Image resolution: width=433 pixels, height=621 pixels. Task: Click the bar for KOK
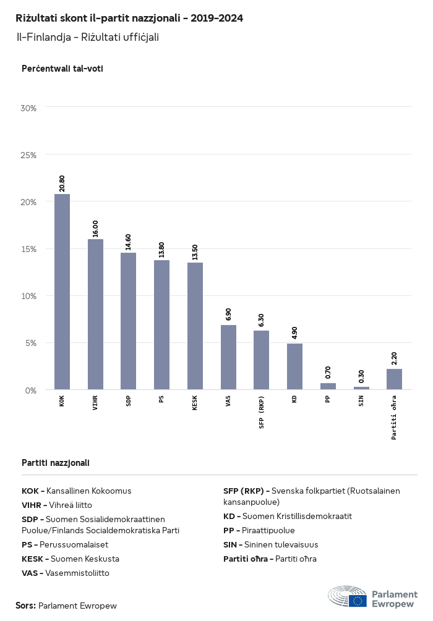tap(62, 292)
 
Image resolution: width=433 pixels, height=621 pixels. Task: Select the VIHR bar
tap(95, 314)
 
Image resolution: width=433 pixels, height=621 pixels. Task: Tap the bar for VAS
tap(228, 357)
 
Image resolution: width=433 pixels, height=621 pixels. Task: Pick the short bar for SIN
tap(361, 388)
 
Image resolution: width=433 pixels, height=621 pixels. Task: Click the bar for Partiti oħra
tap(394, 379)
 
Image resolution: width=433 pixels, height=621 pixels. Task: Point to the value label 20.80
tap(62, 184)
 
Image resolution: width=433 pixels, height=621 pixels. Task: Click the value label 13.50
tap(195, 252)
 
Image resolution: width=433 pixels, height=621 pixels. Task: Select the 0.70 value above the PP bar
tap(328, 373)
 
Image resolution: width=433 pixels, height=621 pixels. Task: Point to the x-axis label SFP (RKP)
tap(262, 412)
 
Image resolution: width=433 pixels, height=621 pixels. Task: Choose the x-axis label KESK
tap(195, 405)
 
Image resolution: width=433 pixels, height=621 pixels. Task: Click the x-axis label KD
tap(294, 400)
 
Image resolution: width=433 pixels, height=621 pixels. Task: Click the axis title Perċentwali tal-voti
tap(62, 69)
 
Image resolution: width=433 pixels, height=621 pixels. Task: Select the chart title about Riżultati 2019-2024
tap(129, 18)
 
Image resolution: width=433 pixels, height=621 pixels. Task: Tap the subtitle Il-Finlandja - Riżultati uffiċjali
tap(88, 37)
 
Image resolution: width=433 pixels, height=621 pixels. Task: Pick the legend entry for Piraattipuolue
tap(259, 530)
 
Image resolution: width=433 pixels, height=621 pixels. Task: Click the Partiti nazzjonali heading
tap(56, 462)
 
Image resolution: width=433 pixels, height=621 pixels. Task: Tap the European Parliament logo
tap(372, 597)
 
